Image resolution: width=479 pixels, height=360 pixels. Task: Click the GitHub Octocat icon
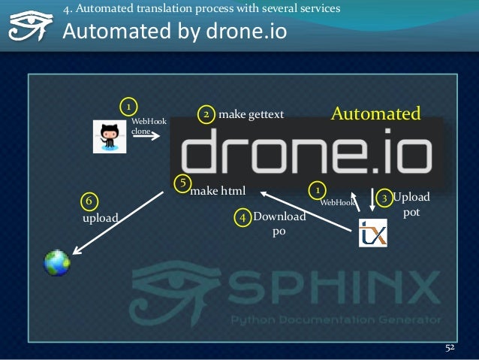(x=110, y=136)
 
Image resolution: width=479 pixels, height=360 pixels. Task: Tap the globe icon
(x=57, y=262)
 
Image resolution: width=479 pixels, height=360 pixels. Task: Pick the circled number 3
(x=384, y=198)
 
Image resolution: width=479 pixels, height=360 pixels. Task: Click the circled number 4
(x=243, y=217)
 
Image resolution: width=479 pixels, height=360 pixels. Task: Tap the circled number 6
(x=89, y=201)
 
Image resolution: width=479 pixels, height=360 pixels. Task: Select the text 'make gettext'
(x=251, y=114)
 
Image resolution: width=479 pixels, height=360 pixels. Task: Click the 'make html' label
(x=218, y=191)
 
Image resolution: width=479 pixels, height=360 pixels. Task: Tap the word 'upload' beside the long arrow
(x=100, y=218)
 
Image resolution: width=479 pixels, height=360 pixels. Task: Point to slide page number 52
(x=450, y=348)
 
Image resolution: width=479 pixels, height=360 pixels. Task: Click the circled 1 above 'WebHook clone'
(x=128, y=104)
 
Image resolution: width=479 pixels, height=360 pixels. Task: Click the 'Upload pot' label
(x=411, y=204)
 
